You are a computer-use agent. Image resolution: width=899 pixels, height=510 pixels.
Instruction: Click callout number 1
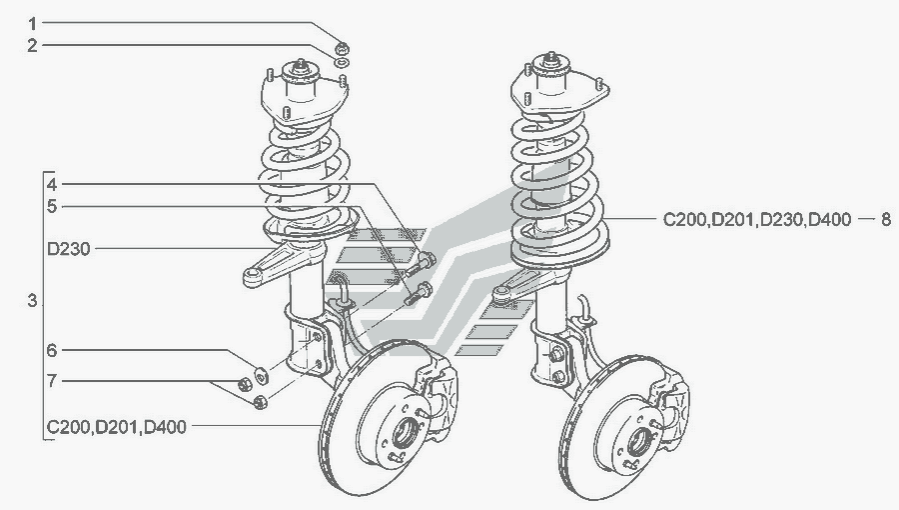(32, 24)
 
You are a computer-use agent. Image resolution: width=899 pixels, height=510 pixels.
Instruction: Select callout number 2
(32, 46)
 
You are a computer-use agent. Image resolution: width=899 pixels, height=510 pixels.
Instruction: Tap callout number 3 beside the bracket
(32, 300)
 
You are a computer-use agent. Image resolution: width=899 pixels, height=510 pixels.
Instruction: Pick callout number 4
(52, 185)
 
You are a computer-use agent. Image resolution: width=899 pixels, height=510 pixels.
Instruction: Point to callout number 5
(52, 207)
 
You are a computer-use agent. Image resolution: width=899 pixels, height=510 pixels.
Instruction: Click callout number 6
(52, 350)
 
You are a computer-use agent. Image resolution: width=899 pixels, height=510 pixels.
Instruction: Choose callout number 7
(52, 381)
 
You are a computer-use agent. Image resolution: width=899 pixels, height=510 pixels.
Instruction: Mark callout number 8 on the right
(886, 219)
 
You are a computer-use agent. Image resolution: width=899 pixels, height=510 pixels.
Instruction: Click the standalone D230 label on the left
(69, 250)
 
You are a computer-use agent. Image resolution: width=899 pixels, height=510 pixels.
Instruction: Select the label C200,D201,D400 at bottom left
(117, 427)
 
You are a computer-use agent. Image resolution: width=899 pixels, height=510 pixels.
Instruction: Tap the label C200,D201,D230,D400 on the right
(757, 220)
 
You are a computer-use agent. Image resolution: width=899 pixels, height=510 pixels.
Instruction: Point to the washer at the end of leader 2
(343, 62)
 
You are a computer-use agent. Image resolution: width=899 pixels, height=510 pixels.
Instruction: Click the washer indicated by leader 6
(263, 376)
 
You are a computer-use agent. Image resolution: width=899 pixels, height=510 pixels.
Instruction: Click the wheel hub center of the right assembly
(638, 442)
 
